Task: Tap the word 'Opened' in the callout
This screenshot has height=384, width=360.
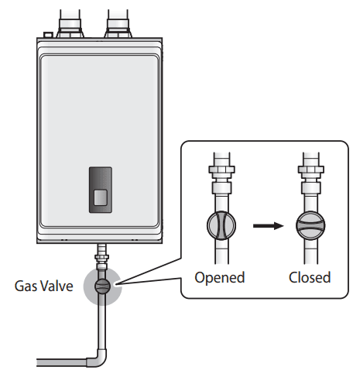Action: click(x=220, y=277)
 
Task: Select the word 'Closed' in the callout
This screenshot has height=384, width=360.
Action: click(x=310, y=277)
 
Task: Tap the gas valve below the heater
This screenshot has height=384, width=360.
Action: click(x=102, y=285)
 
